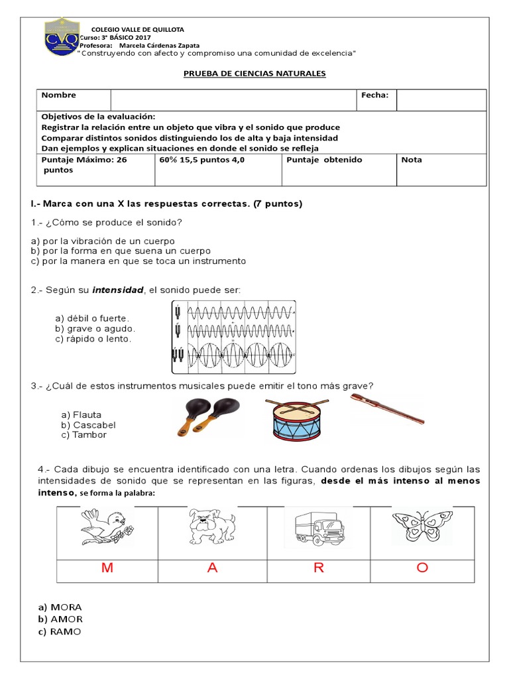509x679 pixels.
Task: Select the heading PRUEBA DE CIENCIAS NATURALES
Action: tap(254, 74)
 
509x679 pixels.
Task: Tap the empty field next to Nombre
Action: tap(234, 99)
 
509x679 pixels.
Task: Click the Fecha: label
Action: tap(374, 95)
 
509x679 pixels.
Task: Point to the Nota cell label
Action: tap(411, 160)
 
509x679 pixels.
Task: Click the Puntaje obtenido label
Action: tap(325, 160)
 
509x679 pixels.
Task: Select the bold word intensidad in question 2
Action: tap(117, 290)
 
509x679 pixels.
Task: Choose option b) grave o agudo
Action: tap(95, 328)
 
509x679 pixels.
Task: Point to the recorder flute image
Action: tap(387, 409)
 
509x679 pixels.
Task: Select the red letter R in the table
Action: tap(318, 568)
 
